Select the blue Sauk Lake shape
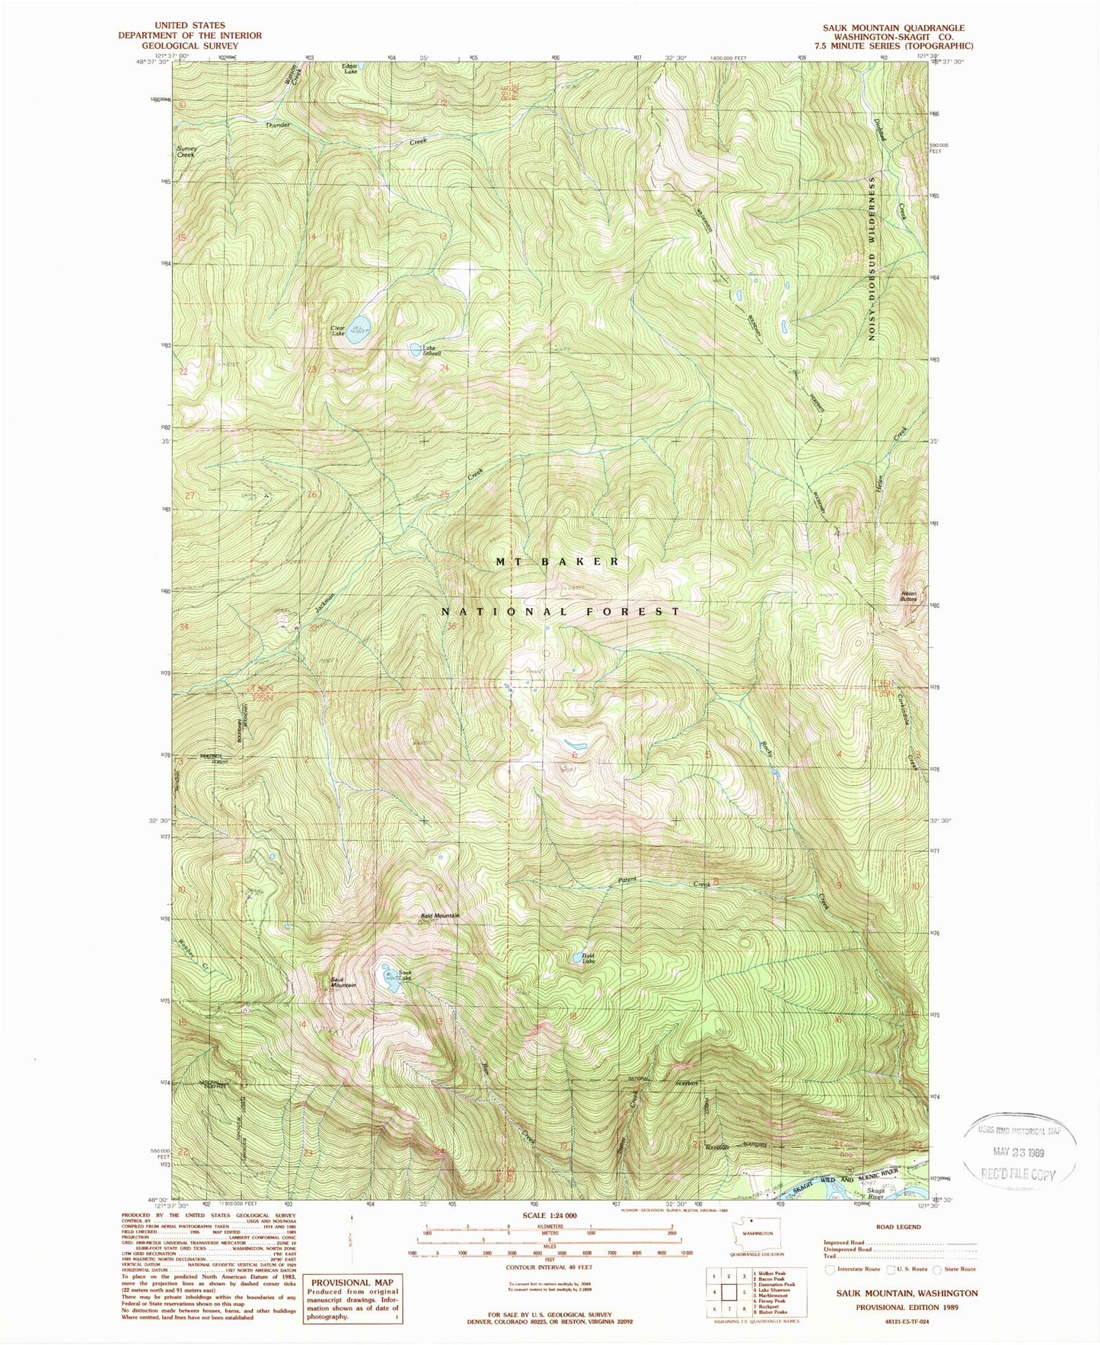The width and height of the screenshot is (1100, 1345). [x=390, y=978]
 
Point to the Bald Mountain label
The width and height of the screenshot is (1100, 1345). [x=440, y=916]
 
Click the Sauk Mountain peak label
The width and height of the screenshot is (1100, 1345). [x=343, y=982]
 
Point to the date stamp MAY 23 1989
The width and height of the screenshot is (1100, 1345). [x=1021, y=1153]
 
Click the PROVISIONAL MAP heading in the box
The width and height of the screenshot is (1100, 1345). [x=351, y=1283]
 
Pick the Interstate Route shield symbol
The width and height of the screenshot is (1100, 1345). [x=829, y=1269]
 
